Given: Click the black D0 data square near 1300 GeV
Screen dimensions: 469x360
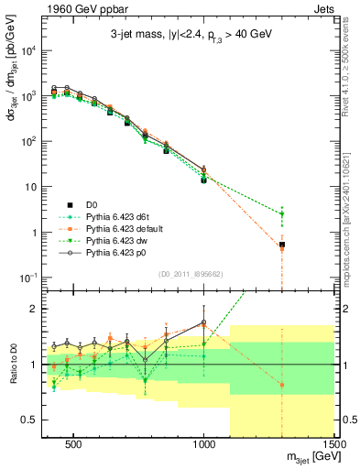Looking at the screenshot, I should click(282, 245).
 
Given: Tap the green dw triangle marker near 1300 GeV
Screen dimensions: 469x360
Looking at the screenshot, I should click(282, 214).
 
